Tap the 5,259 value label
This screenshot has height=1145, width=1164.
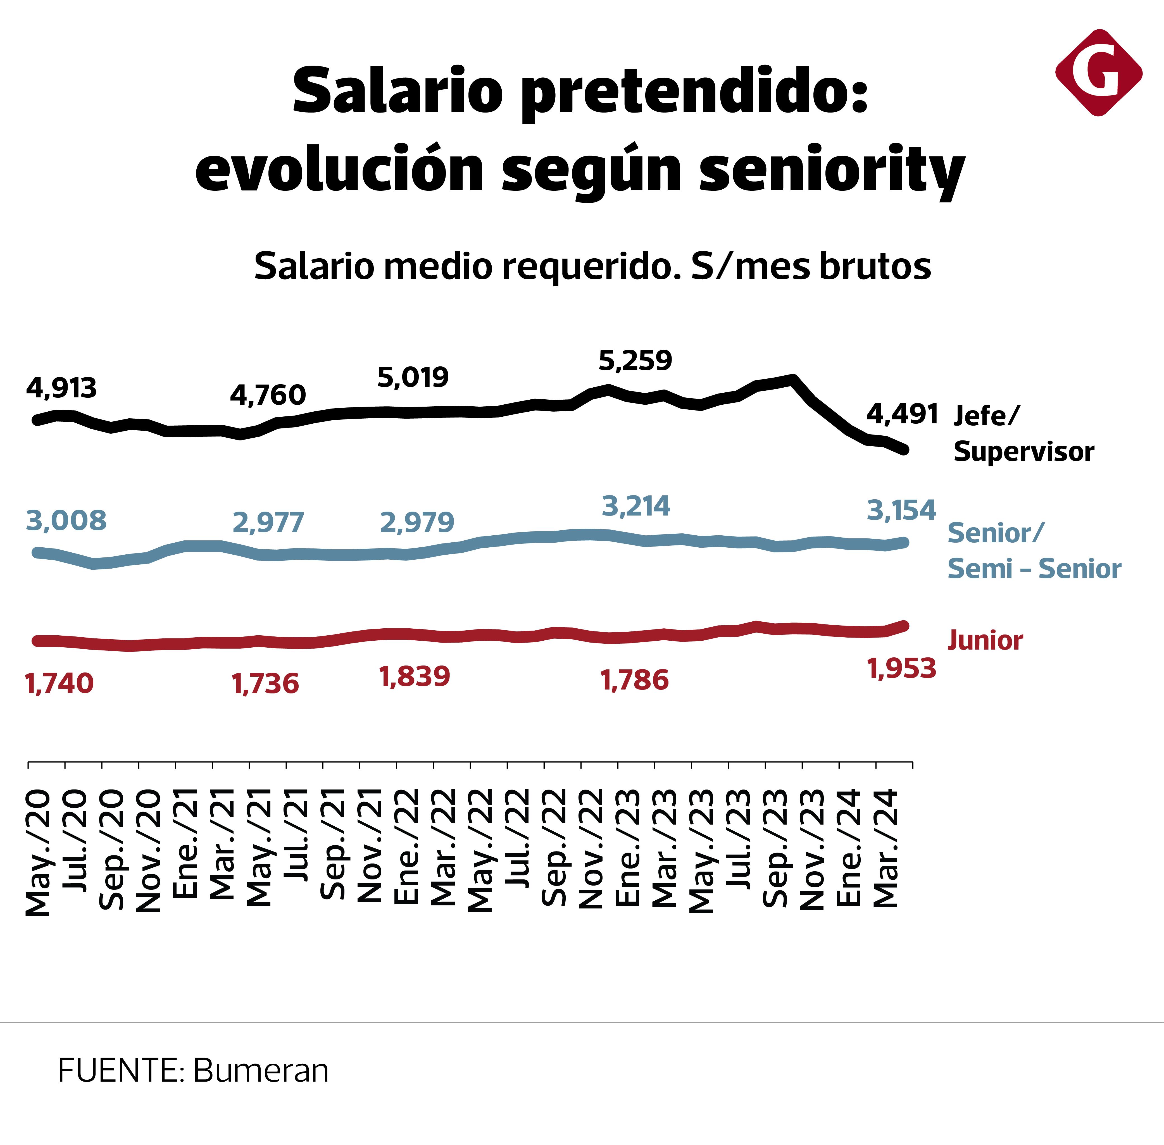pos(635,360)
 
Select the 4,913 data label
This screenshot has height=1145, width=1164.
pos(61,388)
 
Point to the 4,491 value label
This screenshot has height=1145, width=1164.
pos(902,414)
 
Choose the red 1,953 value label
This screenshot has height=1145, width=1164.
pos(901,669)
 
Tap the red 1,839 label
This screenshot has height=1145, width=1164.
pos(415,677)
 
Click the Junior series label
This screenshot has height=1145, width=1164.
pos(985,640)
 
